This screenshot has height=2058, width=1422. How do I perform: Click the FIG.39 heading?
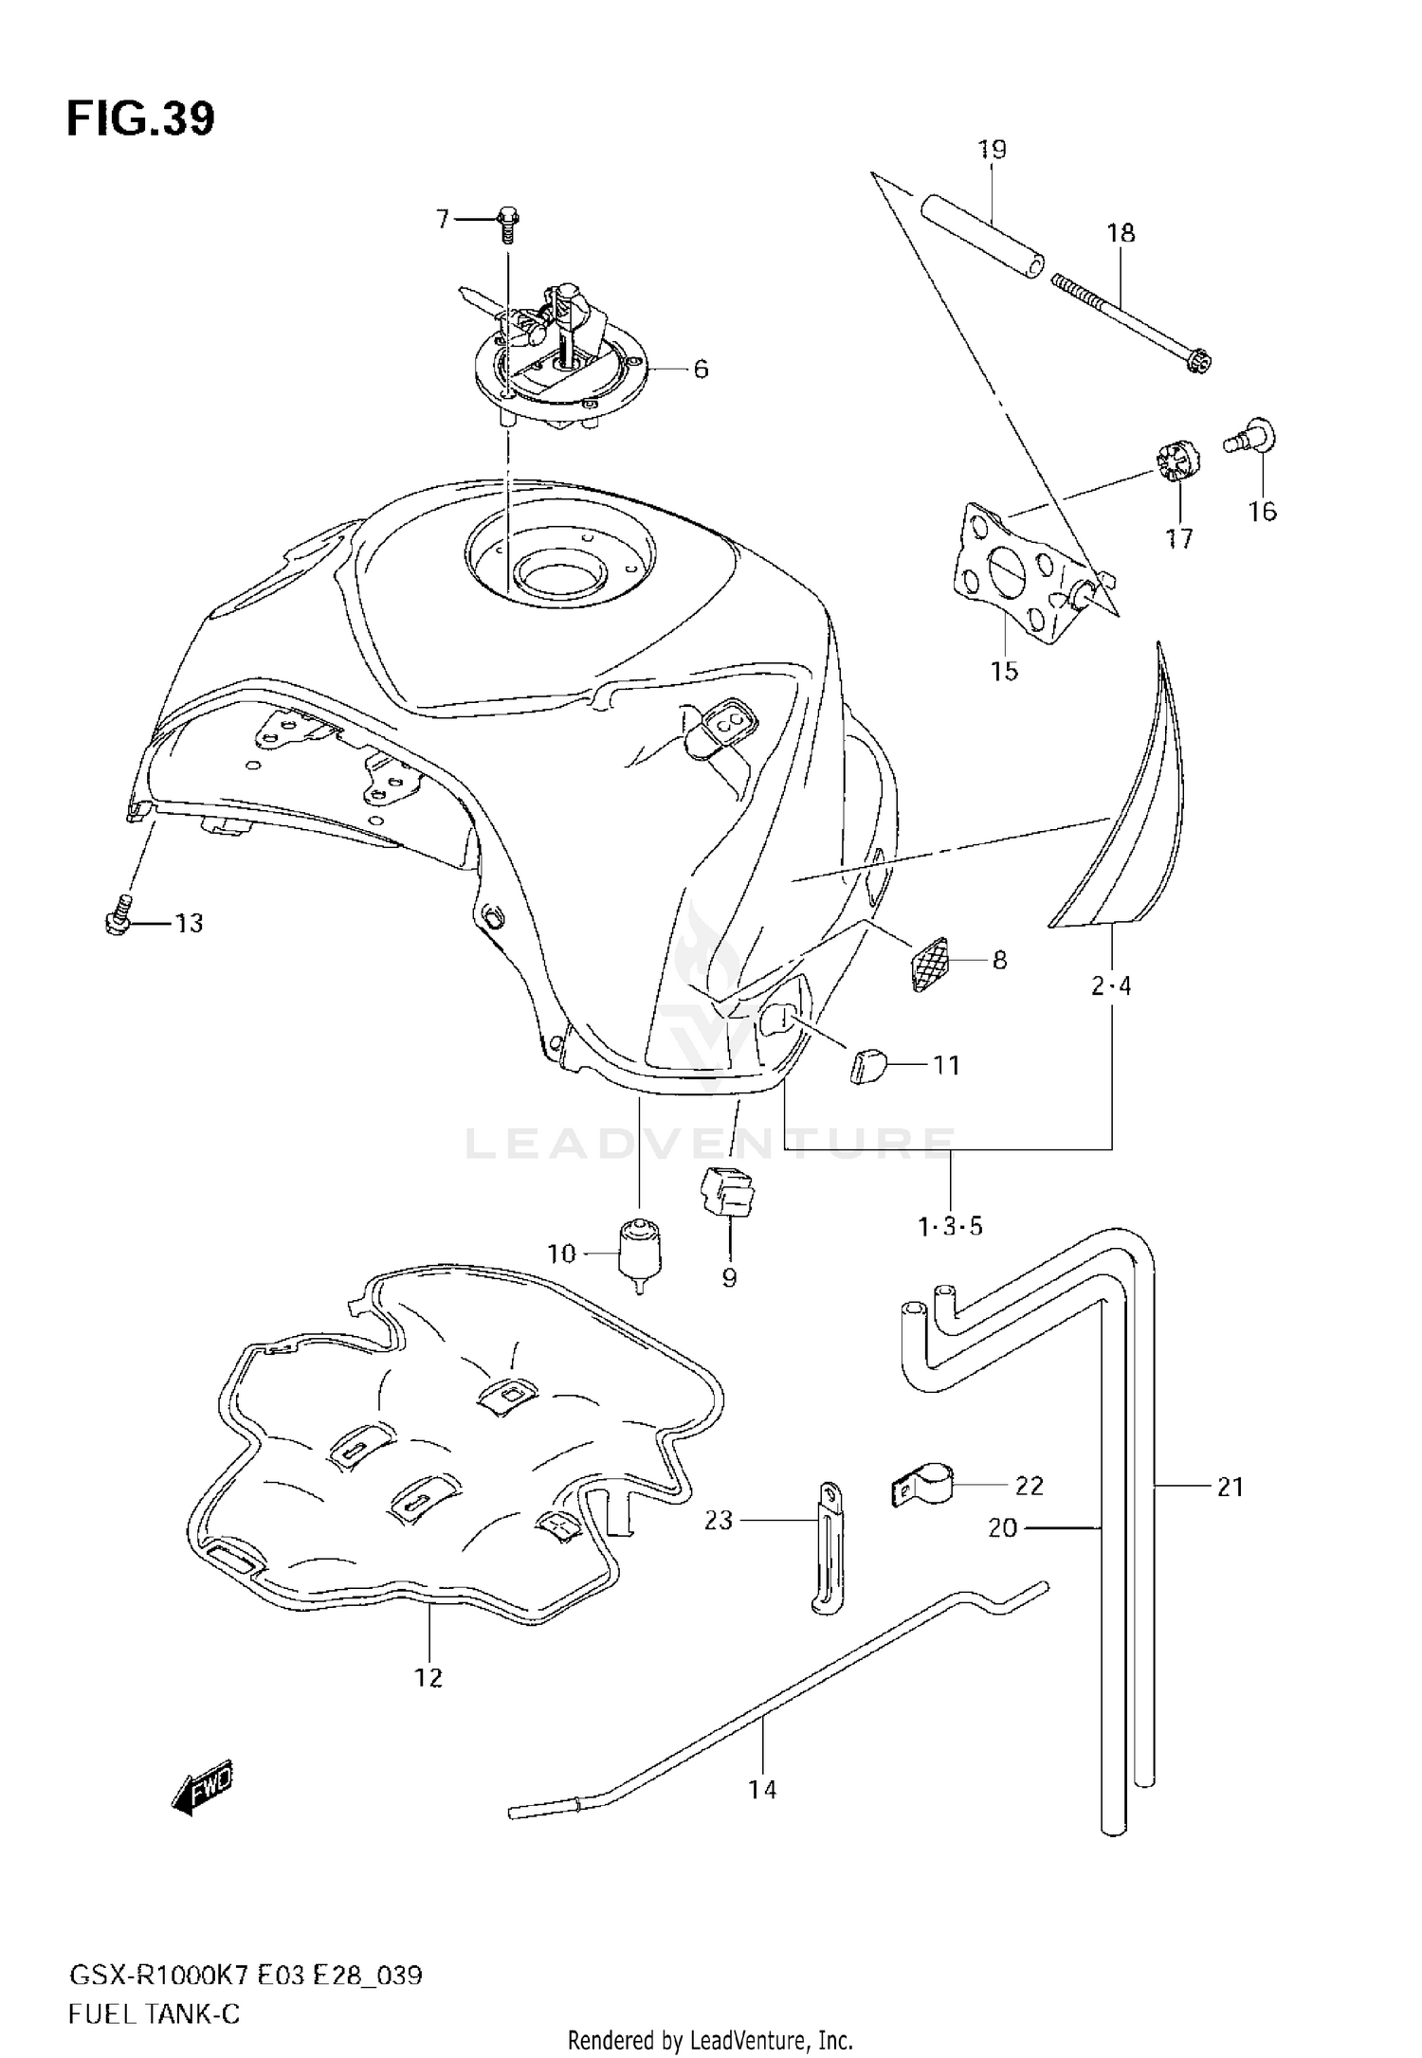pos(140,119)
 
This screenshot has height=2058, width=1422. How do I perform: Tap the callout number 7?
pos(442,220)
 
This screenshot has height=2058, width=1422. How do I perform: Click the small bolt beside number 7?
pos(506,224)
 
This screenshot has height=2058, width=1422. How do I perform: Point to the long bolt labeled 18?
pos(1133,322)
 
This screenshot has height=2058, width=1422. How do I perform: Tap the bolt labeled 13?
pos(117,920)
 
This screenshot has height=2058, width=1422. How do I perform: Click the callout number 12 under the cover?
pos(428,1677)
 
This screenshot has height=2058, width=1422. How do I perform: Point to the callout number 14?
pos(762,1789)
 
